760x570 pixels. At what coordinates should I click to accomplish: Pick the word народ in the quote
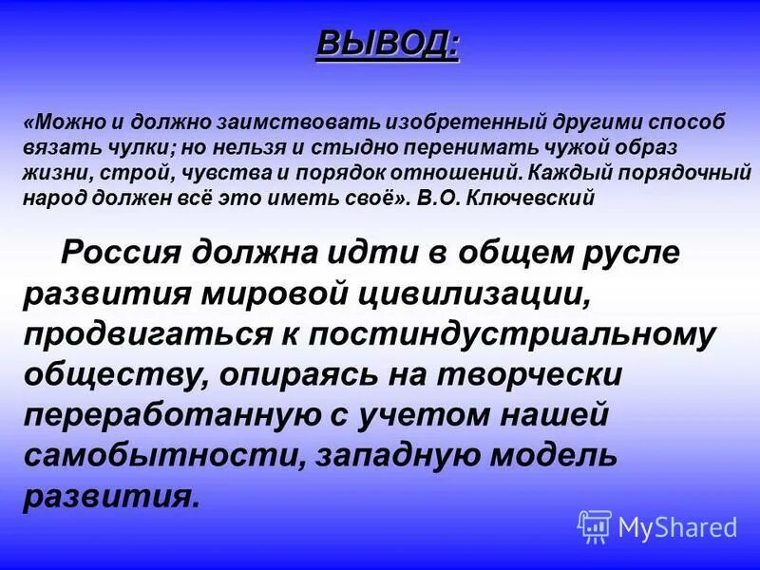point(54,199)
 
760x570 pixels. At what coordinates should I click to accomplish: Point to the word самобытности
point(158,455)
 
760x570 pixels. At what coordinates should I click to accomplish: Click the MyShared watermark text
point(677,526)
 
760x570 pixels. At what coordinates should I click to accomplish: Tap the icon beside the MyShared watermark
point(595,525)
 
